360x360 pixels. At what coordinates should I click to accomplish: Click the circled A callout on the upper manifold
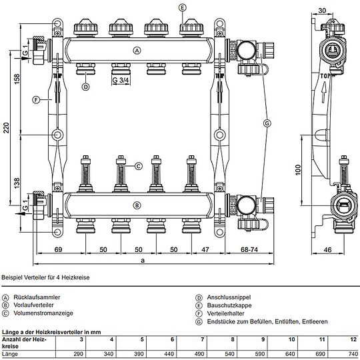coord(137,51)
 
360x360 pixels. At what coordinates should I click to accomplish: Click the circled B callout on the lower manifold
coord(137,205)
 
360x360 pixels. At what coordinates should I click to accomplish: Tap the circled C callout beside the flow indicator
coord(139,166)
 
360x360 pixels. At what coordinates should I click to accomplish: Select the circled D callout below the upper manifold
coord(85,87)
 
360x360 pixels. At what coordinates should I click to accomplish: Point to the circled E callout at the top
coord(182,7)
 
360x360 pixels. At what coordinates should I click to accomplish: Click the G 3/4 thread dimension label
coord(121,81)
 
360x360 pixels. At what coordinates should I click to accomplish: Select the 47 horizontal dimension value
coord(205,249)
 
